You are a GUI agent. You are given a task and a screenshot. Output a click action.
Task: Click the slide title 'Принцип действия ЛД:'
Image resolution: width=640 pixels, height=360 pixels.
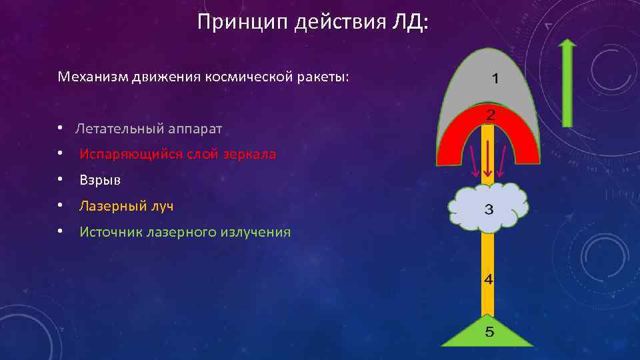[x=314, y=23]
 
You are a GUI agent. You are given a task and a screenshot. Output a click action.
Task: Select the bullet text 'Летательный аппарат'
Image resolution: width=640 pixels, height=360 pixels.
[x=149, y=128]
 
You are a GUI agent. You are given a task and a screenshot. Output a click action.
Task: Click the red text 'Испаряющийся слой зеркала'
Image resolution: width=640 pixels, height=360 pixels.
[x=177, y=154]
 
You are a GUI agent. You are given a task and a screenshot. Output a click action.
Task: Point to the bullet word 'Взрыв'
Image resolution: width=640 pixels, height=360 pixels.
[x=96, y=180]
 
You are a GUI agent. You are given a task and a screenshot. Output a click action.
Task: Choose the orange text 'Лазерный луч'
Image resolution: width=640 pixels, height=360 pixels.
[x=126, y=206]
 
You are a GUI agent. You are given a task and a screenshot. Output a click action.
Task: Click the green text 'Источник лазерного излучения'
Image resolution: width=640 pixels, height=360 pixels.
[x=185, y=232]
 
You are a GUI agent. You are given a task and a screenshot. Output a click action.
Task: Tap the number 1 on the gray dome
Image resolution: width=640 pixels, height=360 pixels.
[x=495, y=79]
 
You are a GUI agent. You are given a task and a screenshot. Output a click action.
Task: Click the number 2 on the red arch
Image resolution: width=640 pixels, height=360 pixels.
[x=490, y=115]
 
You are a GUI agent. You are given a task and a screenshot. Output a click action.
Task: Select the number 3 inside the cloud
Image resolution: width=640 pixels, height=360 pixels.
[x=489, y=210]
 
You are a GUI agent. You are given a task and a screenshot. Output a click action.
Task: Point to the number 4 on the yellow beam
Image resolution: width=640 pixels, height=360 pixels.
[x=489, y=279]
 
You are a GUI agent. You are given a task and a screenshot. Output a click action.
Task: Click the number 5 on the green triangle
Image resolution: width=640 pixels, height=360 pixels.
[x=489, y=332]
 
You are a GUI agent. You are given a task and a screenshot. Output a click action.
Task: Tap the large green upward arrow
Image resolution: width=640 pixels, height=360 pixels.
[x=567, y=83]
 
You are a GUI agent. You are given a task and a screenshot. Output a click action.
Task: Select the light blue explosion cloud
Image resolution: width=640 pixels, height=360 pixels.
[x=467, y=207]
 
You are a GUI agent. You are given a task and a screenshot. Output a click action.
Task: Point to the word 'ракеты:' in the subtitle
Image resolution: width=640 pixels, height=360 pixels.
[x=323, y=77]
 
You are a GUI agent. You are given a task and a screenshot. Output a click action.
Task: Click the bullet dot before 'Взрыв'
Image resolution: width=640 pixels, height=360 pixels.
[x=60, y=180]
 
